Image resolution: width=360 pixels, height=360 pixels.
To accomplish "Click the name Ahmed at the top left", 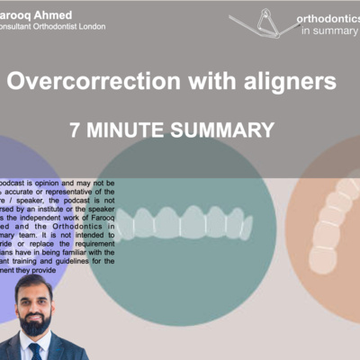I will coord(56,14).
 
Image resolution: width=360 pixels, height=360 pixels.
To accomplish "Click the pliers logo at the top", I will coord(266,22).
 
